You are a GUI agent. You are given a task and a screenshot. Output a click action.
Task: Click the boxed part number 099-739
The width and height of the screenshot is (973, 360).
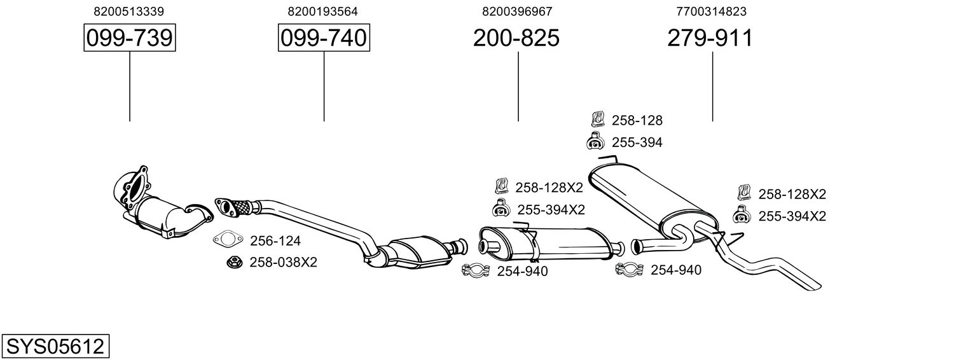[130, 38]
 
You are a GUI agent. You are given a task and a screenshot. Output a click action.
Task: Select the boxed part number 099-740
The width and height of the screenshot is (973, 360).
[324, 38]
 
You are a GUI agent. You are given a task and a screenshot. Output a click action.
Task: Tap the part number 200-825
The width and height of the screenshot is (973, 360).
[516, 38]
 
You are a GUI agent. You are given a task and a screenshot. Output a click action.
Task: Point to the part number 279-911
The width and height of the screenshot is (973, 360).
[710, 38]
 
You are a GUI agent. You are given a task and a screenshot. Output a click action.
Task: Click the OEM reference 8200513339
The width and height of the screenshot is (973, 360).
[129, 11]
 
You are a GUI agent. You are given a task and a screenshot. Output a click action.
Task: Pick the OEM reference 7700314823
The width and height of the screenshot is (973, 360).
[711, 11]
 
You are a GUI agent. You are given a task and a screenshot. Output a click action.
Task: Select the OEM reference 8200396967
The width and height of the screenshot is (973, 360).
[517, 11]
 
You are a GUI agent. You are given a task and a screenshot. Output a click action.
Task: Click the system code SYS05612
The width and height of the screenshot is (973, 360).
[55, 347]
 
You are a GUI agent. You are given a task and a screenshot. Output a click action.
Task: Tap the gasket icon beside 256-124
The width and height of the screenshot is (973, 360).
[228, 239]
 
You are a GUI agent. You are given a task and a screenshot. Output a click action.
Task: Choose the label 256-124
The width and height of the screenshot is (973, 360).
[275, 240]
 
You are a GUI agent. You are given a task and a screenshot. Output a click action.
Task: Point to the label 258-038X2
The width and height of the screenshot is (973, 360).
[283, 262]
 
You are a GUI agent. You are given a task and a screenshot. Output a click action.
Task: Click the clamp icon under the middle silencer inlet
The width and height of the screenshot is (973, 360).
[476, 270]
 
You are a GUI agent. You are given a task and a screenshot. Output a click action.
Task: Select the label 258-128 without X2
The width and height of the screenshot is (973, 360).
[637, 120]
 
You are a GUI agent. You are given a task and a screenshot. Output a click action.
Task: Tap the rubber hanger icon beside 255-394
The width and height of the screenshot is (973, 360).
[595, 141]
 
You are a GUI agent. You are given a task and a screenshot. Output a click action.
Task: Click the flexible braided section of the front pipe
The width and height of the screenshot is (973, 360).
[242, 207]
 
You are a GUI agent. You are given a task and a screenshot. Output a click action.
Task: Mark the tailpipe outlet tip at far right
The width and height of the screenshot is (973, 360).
[816, 287]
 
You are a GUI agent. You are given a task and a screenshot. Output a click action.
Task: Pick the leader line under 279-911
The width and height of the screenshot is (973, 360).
[712, 87]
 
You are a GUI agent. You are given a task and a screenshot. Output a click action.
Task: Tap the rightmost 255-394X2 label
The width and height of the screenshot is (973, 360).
[792, 216]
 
